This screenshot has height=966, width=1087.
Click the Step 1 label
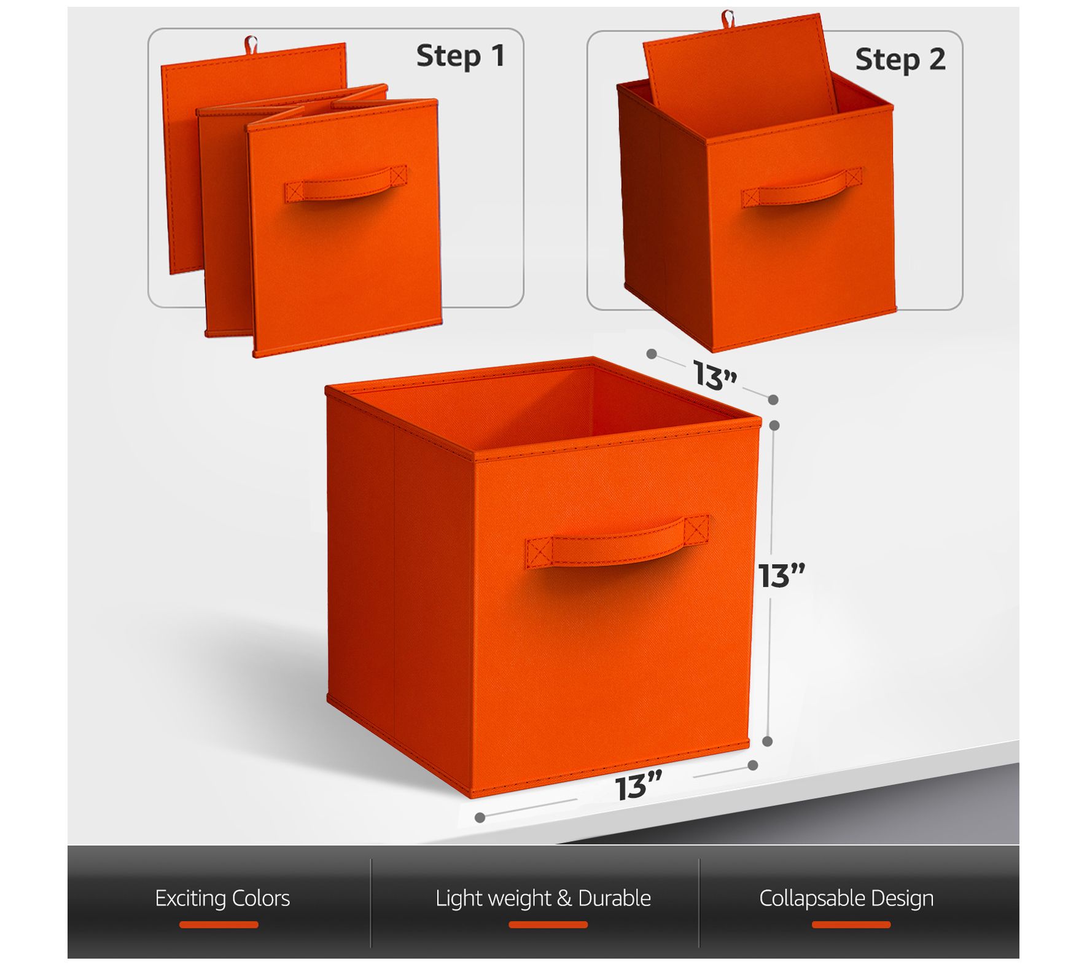click(x=461, y=56)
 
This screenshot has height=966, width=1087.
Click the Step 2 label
click(x=900, y=60)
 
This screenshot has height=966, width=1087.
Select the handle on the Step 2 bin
click(x=801, y=188)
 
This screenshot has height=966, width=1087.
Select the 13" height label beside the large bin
click(x=781, y=575)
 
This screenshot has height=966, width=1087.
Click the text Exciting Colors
click(x=222, y=898)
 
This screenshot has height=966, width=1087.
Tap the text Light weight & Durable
click(x=543, y=898)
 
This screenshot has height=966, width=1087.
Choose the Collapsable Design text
click(x=846, y=898)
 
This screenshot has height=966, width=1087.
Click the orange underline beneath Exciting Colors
click(x=219, y=925)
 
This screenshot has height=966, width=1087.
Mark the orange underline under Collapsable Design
click(x=851, y=925)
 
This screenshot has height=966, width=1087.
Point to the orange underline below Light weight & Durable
click(x=548, y=925)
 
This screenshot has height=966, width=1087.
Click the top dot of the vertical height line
click(x=774, y=426)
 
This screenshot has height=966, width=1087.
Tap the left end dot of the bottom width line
click(x=480, y=817)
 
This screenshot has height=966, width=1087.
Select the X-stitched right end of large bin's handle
click(x=697, y=528)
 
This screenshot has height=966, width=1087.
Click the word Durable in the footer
click(x=614, y=898)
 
